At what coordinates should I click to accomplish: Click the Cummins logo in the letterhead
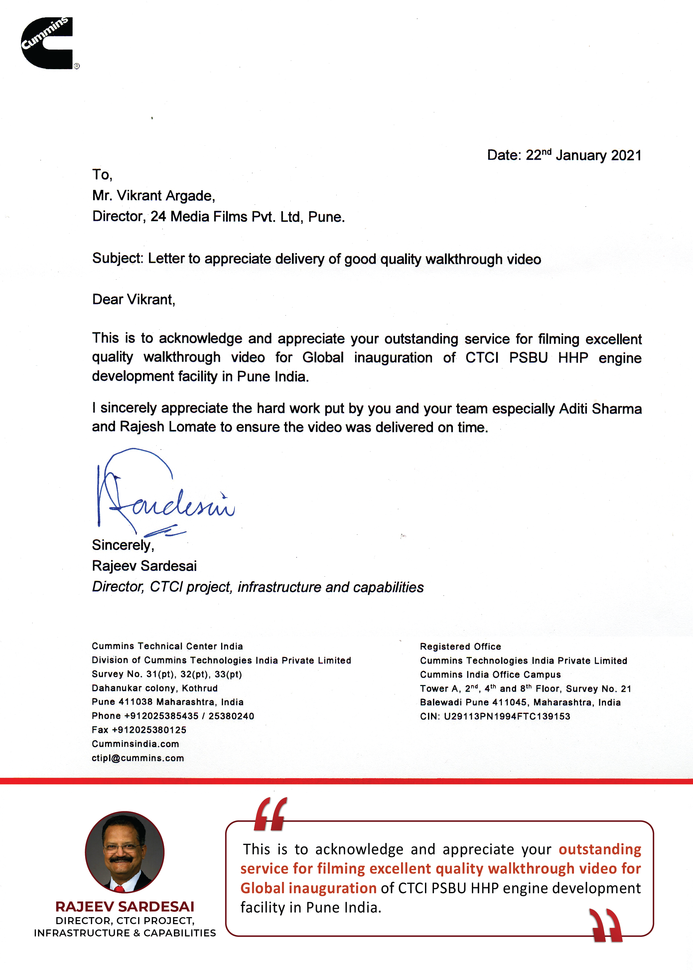coord(47,43)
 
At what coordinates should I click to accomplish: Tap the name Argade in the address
coord(190,196)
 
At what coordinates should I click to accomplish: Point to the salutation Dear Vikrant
coord(134,300)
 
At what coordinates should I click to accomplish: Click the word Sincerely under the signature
coord(122,545)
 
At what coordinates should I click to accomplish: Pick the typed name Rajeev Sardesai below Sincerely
coord(144,566)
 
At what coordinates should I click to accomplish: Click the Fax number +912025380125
coord(149,730)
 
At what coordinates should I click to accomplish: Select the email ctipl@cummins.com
coord(138,758)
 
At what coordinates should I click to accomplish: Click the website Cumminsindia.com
coord(135,744)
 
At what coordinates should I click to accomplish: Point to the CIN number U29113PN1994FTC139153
coord(507,716)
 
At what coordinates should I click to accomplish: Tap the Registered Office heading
coord(461,646)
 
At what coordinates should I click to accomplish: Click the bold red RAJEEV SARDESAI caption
coord(125,906)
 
